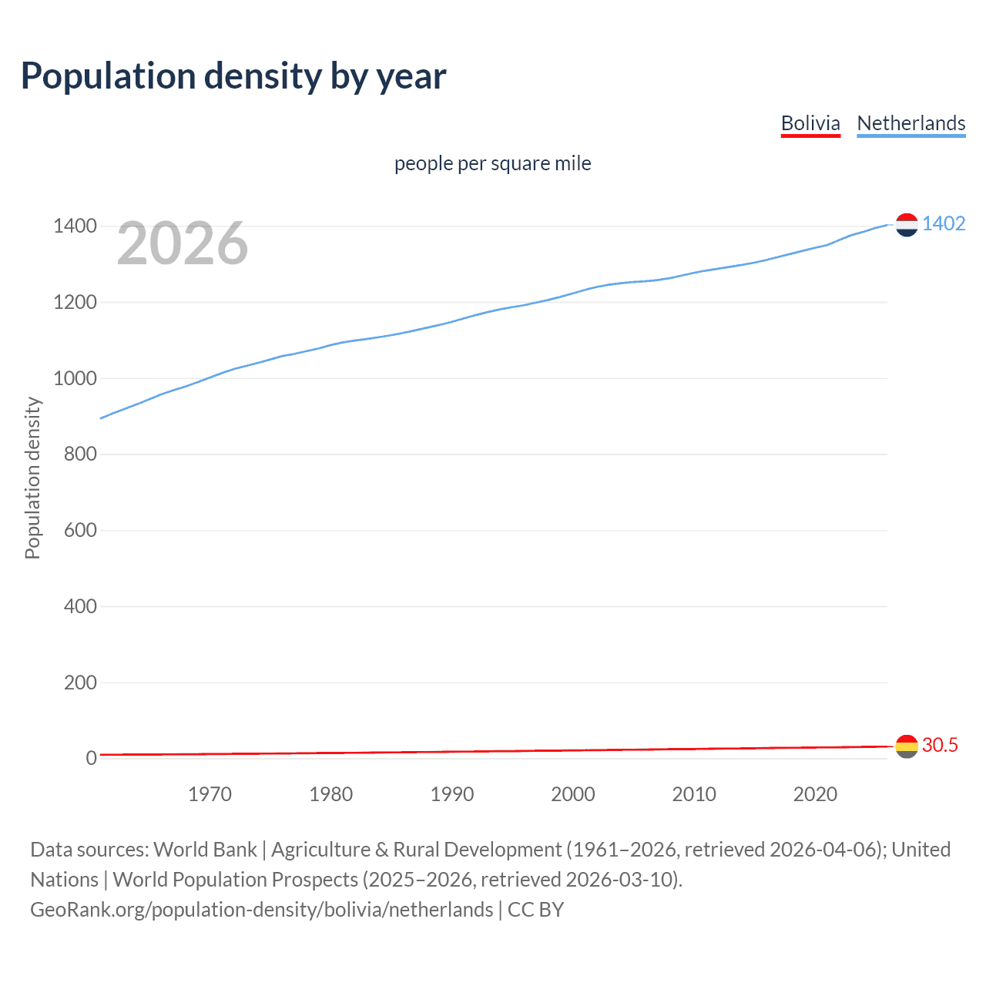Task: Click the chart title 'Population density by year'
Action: (233, 76)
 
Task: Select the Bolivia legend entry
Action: (810, 123)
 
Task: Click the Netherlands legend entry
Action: (911, 123)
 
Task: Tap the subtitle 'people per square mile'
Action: (492, 163)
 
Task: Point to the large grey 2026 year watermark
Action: (183, 243)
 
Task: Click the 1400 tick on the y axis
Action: (75, 226)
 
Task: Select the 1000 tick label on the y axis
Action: (75, 378)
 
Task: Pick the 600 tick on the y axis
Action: (80, 530)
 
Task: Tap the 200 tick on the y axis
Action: (80, 682)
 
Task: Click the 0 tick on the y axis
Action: (91, 758)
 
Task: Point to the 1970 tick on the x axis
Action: (210, 794)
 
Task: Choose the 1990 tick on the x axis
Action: (452, 794)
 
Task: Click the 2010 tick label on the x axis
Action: (694, 794)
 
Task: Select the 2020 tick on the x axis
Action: (815, 794)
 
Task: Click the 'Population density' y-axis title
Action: (32, 478)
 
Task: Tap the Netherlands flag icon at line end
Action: (907, 225)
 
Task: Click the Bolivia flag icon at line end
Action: (907, 746)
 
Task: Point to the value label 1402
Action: (944, 223)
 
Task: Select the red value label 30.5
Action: (940, 745)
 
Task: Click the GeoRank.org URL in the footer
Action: (261, 910)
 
